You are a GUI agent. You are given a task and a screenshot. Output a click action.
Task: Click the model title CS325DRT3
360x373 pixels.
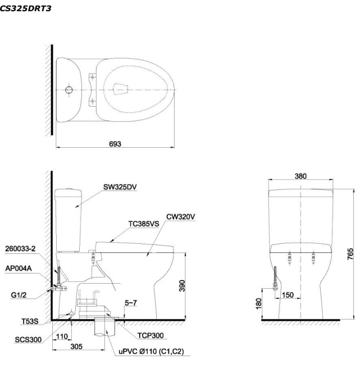[26, 8]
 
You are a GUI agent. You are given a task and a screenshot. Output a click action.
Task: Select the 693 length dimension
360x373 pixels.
[117, 143]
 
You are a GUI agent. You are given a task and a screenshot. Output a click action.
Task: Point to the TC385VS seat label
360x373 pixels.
[143, 223]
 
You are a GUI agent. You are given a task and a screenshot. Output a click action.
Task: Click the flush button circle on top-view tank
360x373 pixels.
[69, 89]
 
